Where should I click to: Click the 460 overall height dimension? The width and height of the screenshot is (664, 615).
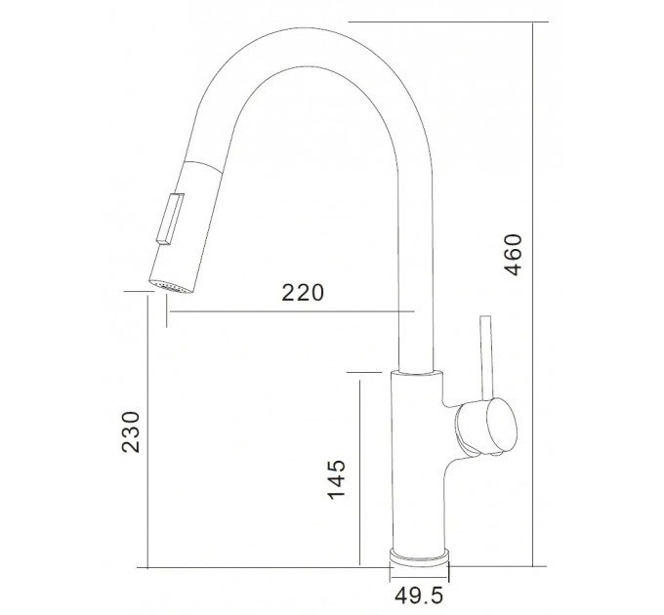click(514, 255)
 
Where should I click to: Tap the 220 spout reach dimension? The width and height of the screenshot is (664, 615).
click(303, 293)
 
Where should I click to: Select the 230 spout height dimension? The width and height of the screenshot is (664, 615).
click(131, 431)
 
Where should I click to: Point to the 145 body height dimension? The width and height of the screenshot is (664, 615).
click(337, 478)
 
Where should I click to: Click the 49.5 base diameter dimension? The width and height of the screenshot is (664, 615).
click(419, 595)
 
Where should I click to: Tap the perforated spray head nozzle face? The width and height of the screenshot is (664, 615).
click(171, 287)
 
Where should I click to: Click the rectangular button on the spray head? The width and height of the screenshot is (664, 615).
click(170, 219)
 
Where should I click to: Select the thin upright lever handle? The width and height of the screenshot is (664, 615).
click(486, 358)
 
